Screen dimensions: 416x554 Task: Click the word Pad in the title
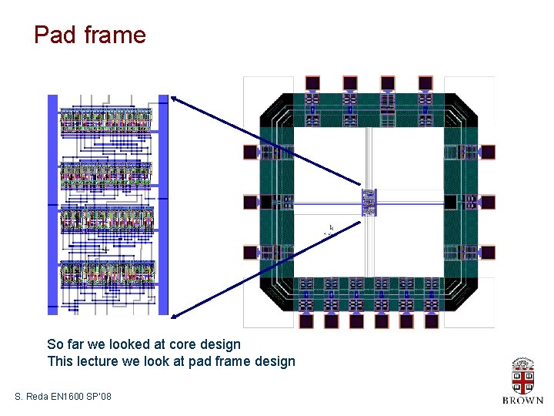[x=52, y=35]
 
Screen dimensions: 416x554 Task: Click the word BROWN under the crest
[x=522, y=401]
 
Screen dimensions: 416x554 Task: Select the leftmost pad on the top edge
[x=312, y=82]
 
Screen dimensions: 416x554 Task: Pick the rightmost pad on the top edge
[x=426, y=82]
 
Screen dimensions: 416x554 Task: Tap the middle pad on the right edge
[x=487, y=203]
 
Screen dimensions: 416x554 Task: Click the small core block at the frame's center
[x=369, y=202]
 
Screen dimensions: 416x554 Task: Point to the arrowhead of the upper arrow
[x=174, y=98]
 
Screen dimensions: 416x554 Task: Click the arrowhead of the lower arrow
[x=174, y=314]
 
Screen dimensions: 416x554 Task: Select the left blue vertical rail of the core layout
[x=53, y=204]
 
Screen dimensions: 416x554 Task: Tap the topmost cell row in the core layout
[x=107, y=119]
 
